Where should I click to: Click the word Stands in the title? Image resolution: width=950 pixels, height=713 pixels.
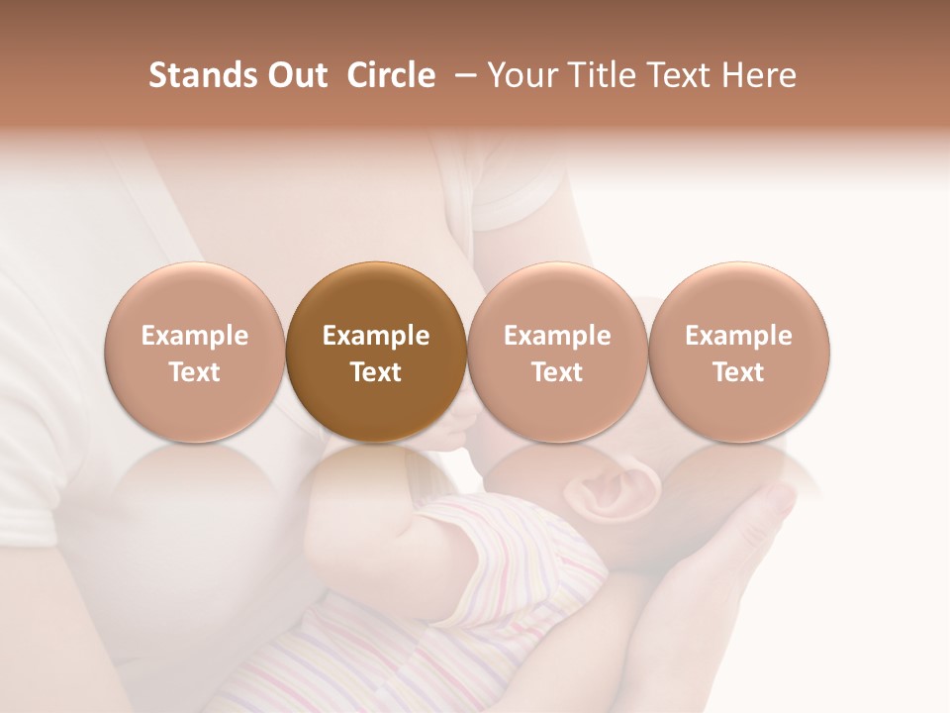pyautogui.click(x=198, y=75)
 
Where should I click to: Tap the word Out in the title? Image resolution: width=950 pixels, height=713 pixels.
pyautogui.click(x=295, y=75)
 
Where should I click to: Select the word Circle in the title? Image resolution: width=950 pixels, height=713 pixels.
pyautogui.click(x=391, y=75)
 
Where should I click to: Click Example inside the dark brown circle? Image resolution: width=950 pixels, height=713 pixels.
pyautogui.click(x=376, y=336)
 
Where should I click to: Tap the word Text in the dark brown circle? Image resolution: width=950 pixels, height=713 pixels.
pyautogui.click(x=376, y=372)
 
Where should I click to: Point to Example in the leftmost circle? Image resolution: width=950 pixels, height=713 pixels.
pyautogui.click(x=195, y=336)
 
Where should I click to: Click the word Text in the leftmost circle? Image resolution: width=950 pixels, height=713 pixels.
pyautogui.click(x=195, y=372)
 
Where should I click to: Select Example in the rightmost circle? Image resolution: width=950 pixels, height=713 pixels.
pyautogui.click(x=739, y=336)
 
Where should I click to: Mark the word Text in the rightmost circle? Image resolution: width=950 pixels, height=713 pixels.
pyautogui.click(x=739, y=372)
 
